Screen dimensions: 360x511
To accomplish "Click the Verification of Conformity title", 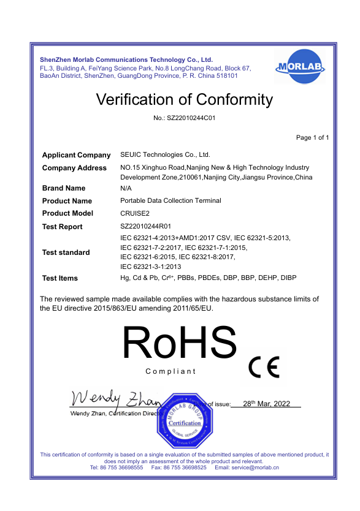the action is [x=185, y=99].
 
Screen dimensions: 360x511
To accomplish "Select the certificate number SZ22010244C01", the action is [x=184, y=118].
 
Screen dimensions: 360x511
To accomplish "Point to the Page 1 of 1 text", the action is [x=312, y=137].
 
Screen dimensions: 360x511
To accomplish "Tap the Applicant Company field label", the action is [x=76, y=155].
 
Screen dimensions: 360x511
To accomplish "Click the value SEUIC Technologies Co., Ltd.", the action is [x=165, y=155].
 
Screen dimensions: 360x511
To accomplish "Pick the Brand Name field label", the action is [x=64, y=188].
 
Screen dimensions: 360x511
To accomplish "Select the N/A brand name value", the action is [x=126, y=188].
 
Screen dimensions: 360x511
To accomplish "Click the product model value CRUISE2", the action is [x=135, y=213].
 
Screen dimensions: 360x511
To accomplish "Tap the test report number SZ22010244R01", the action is [x=146, y=227].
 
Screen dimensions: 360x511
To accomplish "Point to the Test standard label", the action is [x=66, y=252].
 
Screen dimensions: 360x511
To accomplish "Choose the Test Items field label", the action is [x=60, y=278].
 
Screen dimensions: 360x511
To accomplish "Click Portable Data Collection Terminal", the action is [x=170, y=201].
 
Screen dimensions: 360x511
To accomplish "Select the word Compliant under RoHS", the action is [x=170, y=371].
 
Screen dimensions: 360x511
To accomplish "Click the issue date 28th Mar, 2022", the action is [x=266, y=404].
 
